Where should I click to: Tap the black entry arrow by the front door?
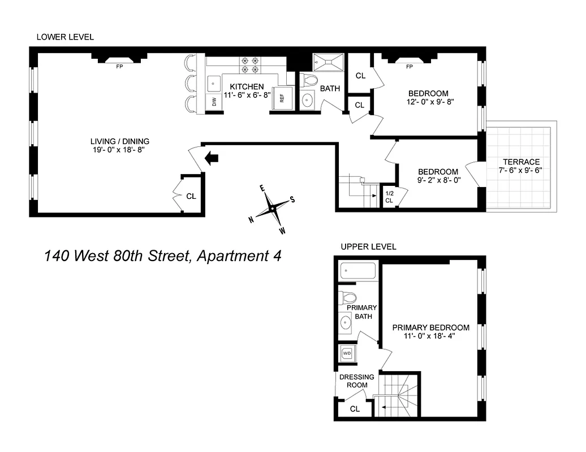tap(212, 158)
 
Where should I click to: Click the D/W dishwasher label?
tap(214, 102)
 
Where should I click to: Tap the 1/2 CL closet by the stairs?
tap(389, 197)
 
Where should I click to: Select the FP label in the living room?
tap(119, 67)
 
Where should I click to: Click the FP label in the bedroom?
tap(409, 67)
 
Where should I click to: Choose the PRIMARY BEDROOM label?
tap(431, 328)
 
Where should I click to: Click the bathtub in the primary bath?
tap(358, 271)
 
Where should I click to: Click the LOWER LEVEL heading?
tap(65, 37)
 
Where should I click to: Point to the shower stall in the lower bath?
tap(327, 60)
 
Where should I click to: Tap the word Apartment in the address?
tap(229, 256)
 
